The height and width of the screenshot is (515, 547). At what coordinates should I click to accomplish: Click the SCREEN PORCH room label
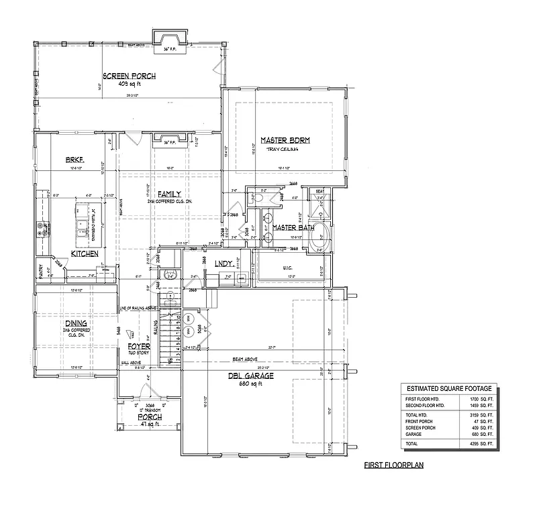[x=129, y=76]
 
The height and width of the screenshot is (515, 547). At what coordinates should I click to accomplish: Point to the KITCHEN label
[x=85, y=254]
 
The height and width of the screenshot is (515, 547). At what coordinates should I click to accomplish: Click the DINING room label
[x=75, y=323]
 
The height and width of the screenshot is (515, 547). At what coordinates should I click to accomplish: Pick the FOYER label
[x=139, y=347]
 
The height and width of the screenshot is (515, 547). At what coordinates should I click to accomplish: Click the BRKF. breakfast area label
[x=74, y=160]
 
